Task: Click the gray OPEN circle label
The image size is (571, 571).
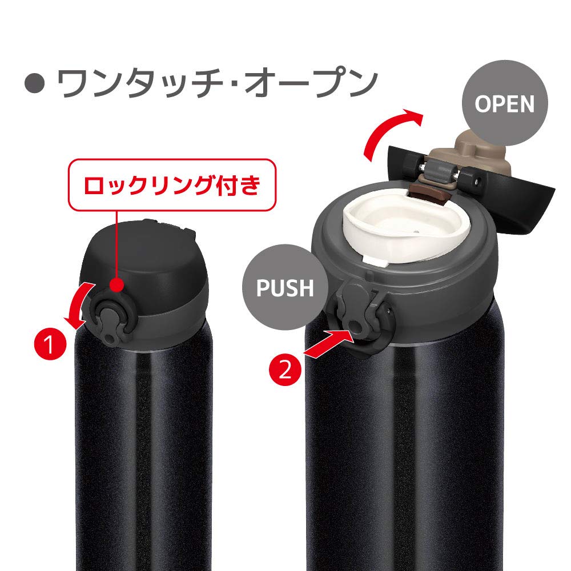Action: (504, 104)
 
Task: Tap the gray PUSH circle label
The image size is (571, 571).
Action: (285, 287)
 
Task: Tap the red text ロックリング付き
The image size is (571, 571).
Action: (172, 186)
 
